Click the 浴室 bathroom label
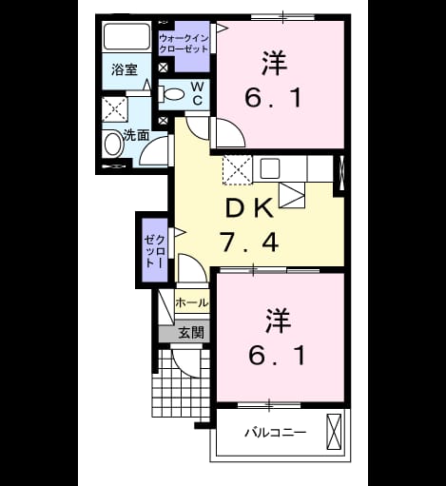[125, 69]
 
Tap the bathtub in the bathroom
[126, 36]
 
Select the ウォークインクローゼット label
[184, 44]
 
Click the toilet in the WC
[171, 94]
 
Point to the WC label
[198, 94]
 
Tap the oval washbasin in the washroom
[113, 145]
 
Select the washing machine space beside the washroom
[115, 109]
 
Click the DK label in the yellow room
[249, 207]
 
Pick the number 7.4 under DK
[250, 243]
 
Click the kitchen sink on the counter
[270, 168]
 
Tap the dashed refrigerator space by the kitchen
[238, 169]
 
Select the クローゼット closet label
[154, 251]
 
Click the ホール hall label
[192, 302]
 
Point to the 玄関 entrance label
[191, 333]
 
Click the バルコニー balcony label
[276, 433]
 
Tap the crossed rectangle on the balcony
[334, 432]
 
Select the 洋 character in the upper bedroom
[275, 64]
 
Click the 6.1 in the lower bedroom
[277, 355]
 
